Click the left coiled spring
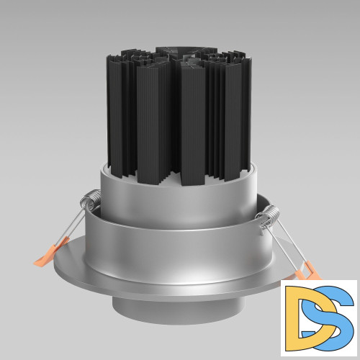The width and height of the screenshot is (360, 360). tap(91, 199)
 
